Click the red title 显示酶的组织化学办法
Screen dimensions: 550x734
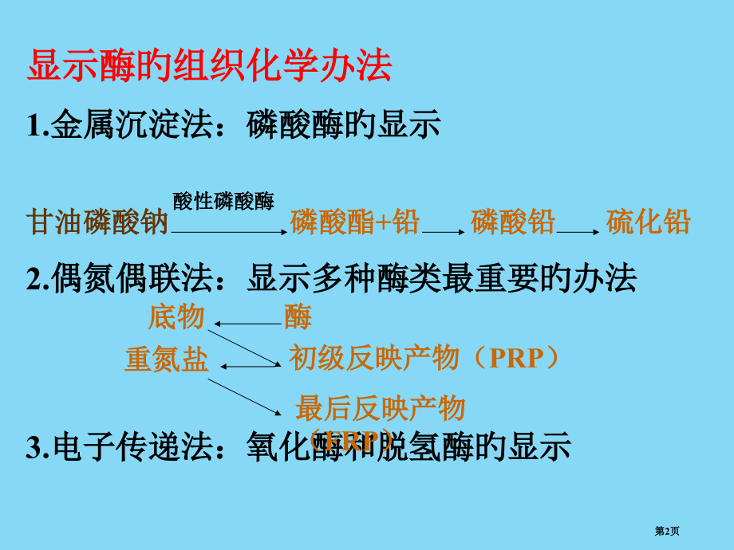pos(209,67)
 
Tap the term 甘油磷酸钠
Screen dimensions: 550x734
pos(97,222)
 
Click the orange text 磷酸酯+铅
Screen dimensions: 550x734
pos(355,222)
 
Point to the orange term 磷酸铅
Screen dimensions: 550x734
pos(512,222)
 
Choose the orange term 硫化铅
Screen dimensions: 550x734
pos(648,222)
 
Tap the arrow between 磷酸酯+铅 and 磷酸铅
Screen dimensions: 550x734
pos(444,231)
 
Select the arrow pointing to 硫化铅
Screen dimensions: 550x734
pos(579,231)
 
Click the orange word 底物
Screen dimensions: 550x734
pos(177,317)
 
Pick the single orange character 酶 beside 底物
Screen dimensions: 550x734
pos(298,318)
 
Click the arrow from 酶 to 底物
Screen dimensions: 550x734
pos(247,324)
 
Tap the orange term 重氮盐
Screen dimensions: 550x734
pos(166,360)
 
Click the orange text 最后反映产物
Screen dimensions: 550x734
pos(380,409)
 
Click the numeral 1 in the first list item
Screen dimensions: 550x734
pos(33,126)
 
